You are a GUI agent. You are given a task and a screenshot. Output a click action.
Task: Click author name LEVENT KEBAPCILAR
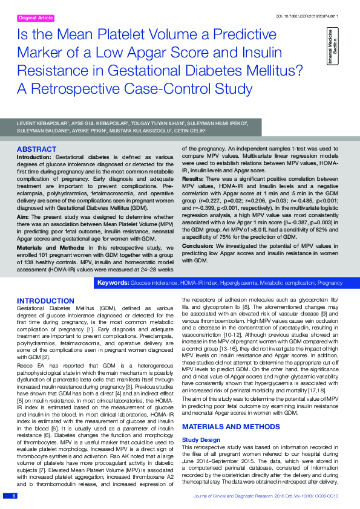click(x=42, y=123)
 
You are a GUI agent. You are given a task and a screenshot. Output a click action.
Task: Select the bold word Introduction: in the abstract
click(x=36, y=157)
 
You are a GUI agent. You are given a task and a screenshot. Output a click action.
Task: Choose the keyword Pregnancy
click(x=330, y=283)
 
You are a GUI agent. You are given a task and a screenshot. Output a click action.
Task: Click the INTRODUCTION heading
click(x=46, y=301)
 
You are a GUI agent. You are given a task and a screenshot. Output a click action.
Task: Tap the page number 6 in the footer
click(x=13, y=496)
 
